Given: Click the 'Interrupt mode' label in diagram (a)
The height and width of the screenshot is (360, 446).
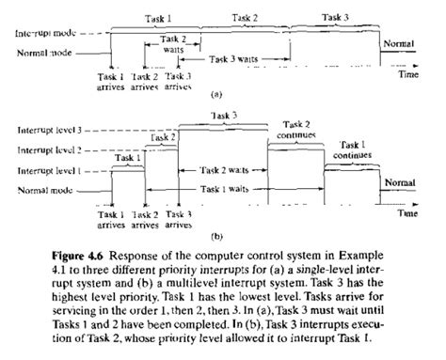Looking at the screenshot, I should point(45,34).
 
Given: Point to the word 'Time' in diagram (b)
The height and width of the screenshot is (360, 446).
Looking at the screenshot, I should point(406,212).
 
